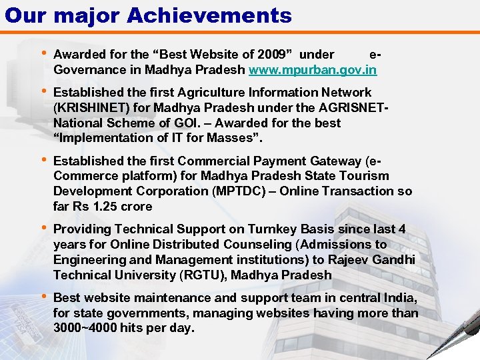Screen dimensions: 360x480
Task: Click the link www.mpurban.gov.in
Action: click(313, 69)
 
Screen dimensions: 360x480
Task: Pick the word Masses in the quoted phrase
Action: click(233, 139)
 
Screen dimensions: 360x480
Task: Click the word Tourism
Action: click(366, 176)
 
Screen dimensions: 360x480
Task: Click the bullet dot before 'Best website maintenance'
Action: click(43, 297)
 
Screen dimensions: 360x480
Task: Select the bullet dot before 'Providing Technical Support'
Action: click(43, 228)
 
